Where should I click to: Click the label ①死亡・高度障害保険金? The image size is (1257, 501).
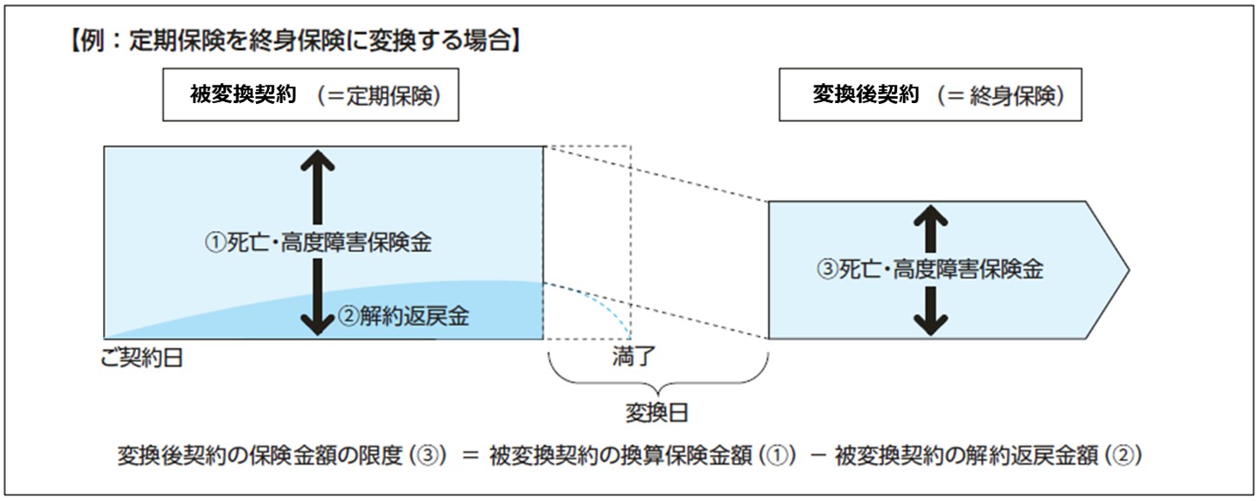click(317, 243)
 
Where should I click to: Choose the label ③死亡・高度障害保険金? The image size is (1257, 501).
click(929, 269)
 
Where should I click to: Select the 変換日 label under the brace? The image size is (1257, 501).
click(657, 413)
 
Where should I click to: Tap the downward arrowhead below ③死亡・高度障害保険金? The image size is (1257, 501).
click(930, 324)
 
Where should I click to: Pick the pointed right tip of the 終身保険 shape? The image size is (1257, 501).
click(1126, 270)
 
